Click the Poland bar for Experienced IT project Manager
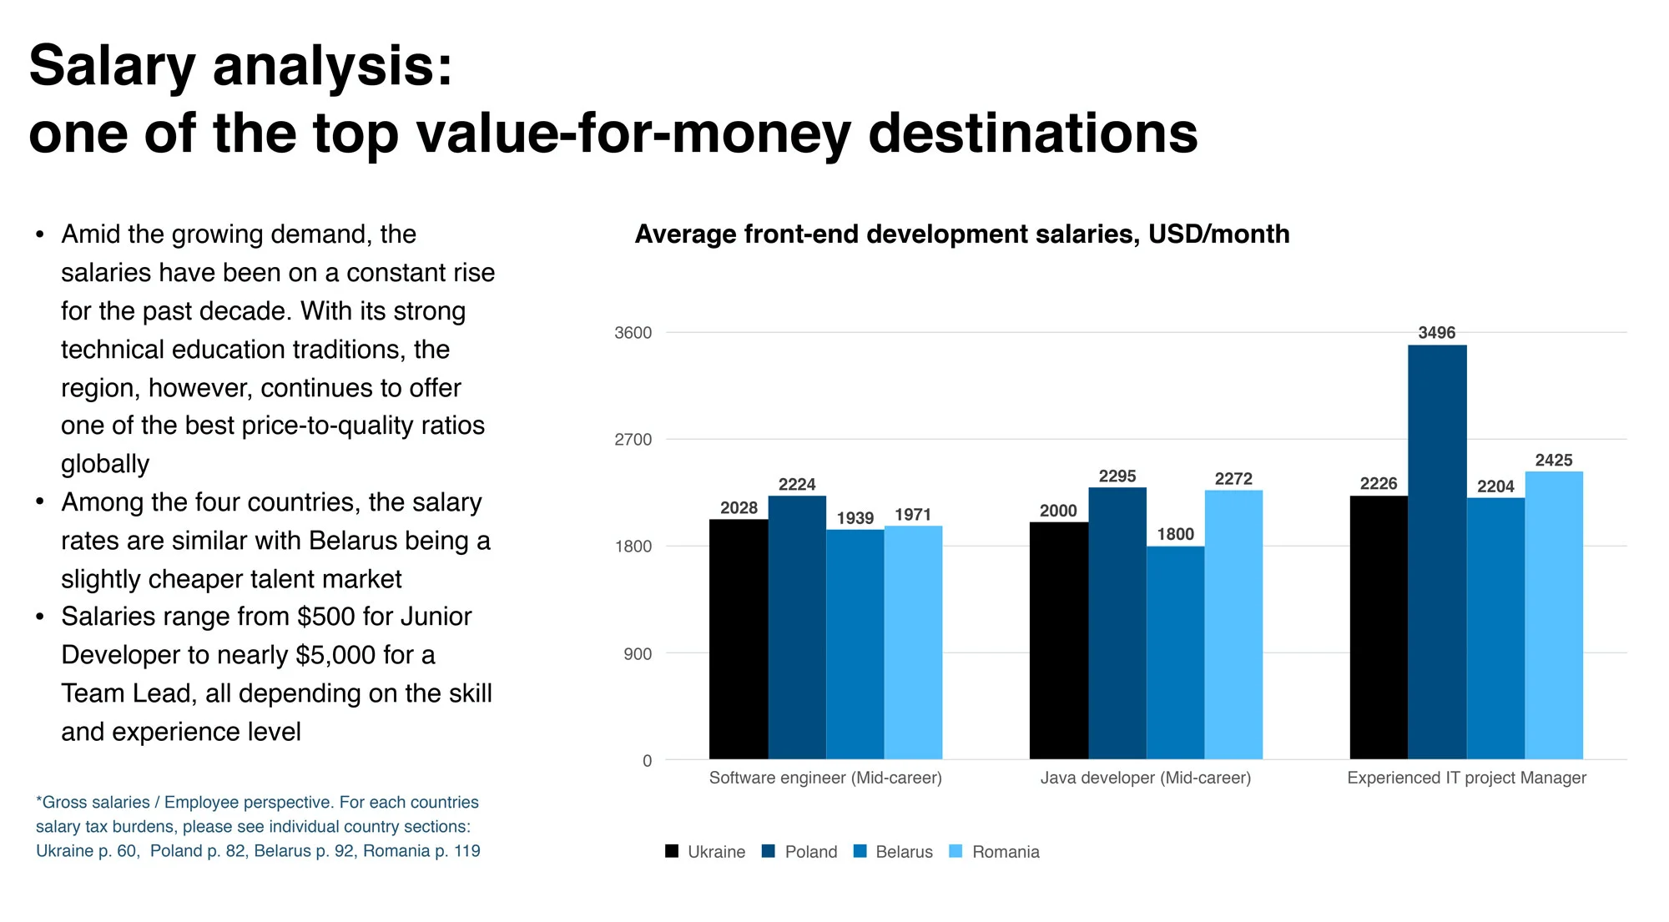click(1437, 551)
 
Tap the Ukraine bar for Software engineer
click(739, 639)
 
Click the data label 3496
click(1436, 333)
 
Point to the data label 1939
click(855, 518)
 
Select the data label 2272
click(1233, 479)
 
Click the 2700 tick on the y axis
click(633, 440)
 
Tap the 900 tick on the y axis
click(638, 654)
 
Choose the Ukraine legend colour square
click(672, 851)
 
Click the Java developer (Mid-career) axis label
click(1145, 778)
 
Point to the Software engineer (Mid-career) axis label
click(825, 778)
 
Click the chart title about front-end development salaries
click(961, 234)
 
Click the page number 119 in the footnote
click(466, 851)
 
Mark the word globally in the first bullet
click(105, 464)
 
